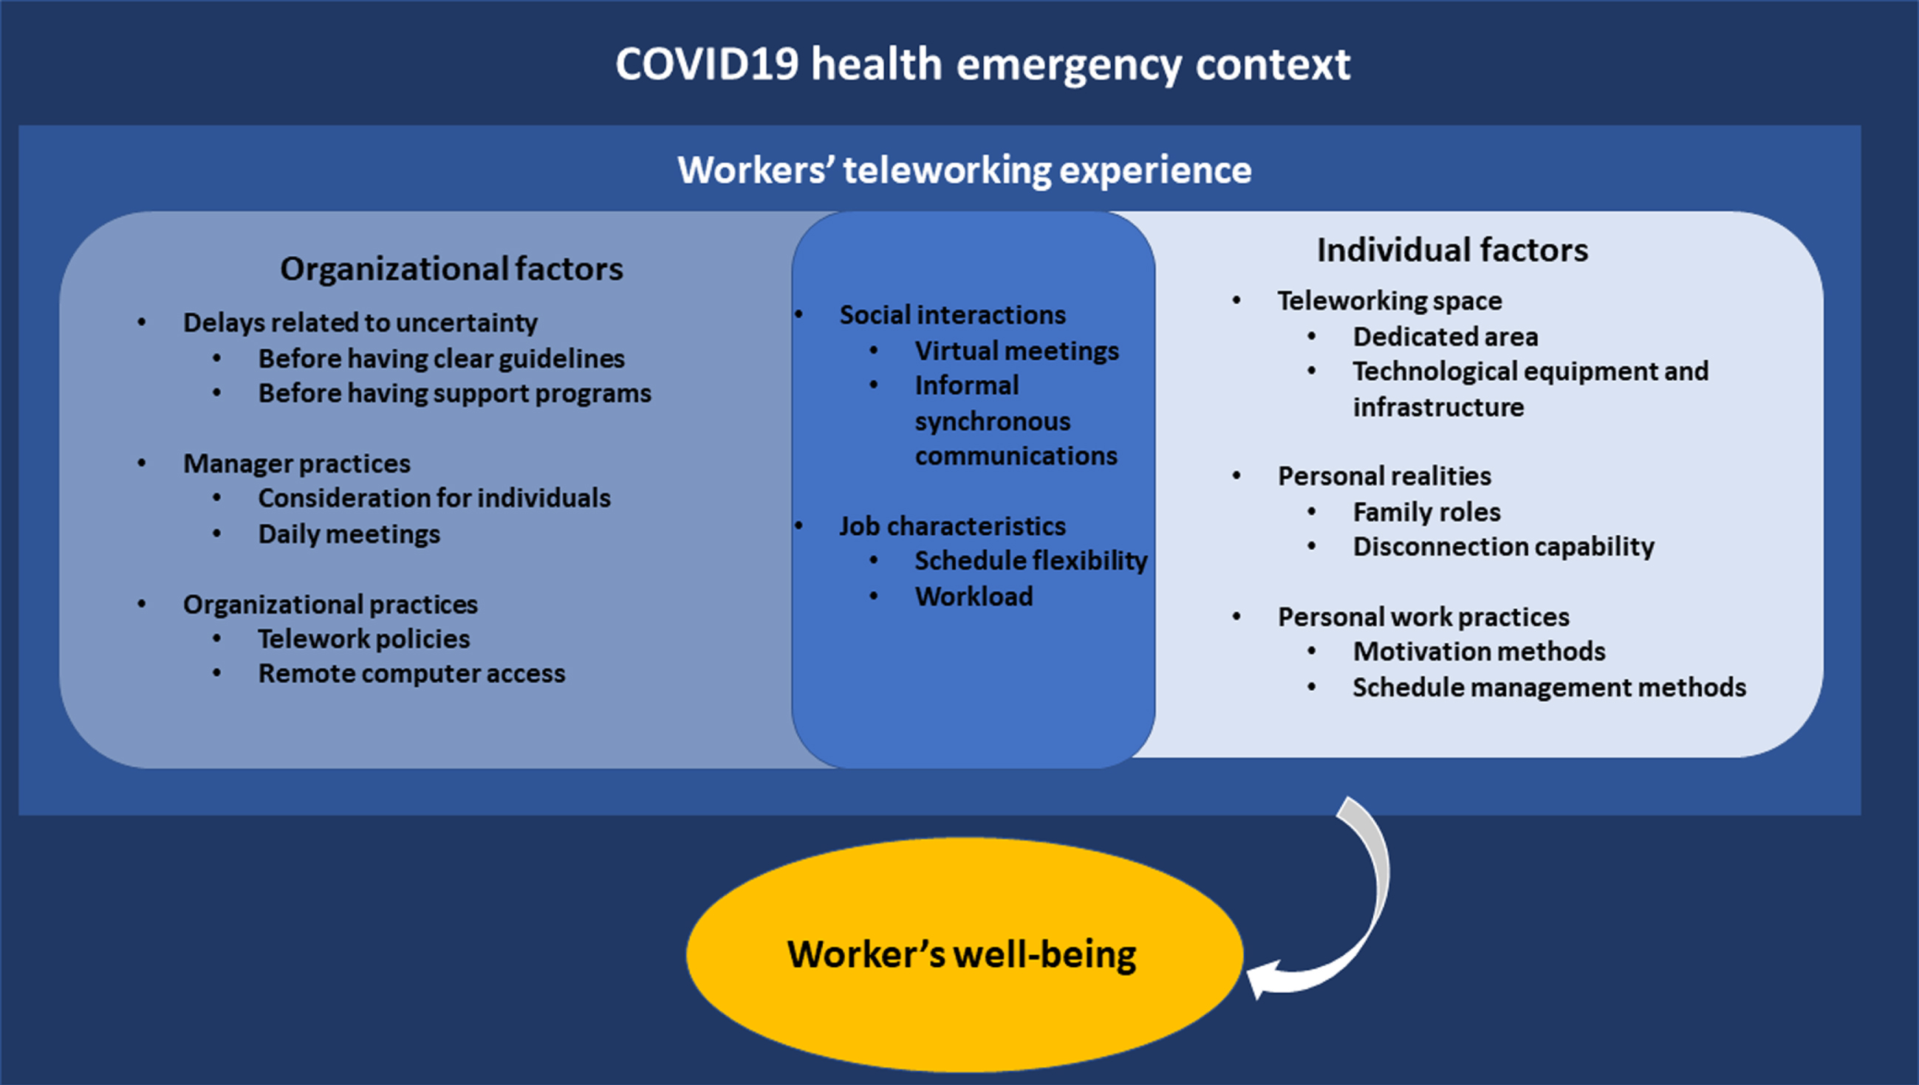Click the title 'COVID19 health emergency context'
pos(982,65)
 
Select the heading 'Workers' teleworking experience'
pos(965,170)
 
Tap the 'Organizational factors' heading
pos(451,269)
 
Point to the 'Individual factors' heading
pos(1452,249)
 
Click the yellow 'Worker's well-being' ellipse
pos(965,954)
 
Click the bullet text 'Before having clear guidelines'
pos(442,359)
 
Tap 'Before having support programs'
pos(455,393)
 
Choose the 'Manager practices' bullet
pos(297,464)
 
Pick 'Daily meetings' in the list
pos(349,534)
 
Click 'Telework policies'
pos(364,639)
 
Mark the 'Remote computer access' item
pos(411,674)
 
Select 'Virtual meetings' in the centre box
pos(1017,351)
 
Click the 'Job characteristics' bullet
pos(953,526)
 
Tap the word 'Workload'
pos(974,597)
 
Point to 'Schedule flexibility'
pos(1031,561)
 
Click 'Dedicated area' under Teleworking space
pos(1446,337)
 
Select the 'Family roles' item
pos(1427,513)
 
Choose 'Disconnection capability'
pos(1504,547)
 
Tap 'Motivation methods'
pos(1479,652)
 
